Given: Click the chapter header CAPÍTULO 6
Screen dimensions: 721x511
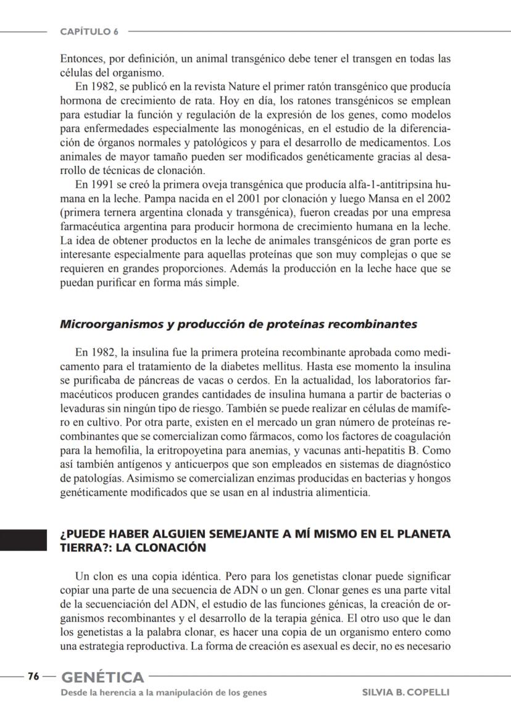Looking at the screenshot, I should click(x=89, y=31).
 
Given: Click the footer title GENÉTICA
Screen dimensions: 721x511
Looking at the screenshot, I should click(x=102, y=677).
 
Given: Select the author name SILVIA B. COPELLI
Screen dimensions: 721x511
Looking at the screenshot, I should click(x=405, y=693).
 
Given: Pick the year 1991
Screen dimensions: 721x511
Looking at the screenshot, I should click(x=99, y=185).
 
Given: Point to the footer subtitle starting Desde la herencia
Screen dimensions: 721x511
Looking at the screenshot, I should click(x=164, y=693).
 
